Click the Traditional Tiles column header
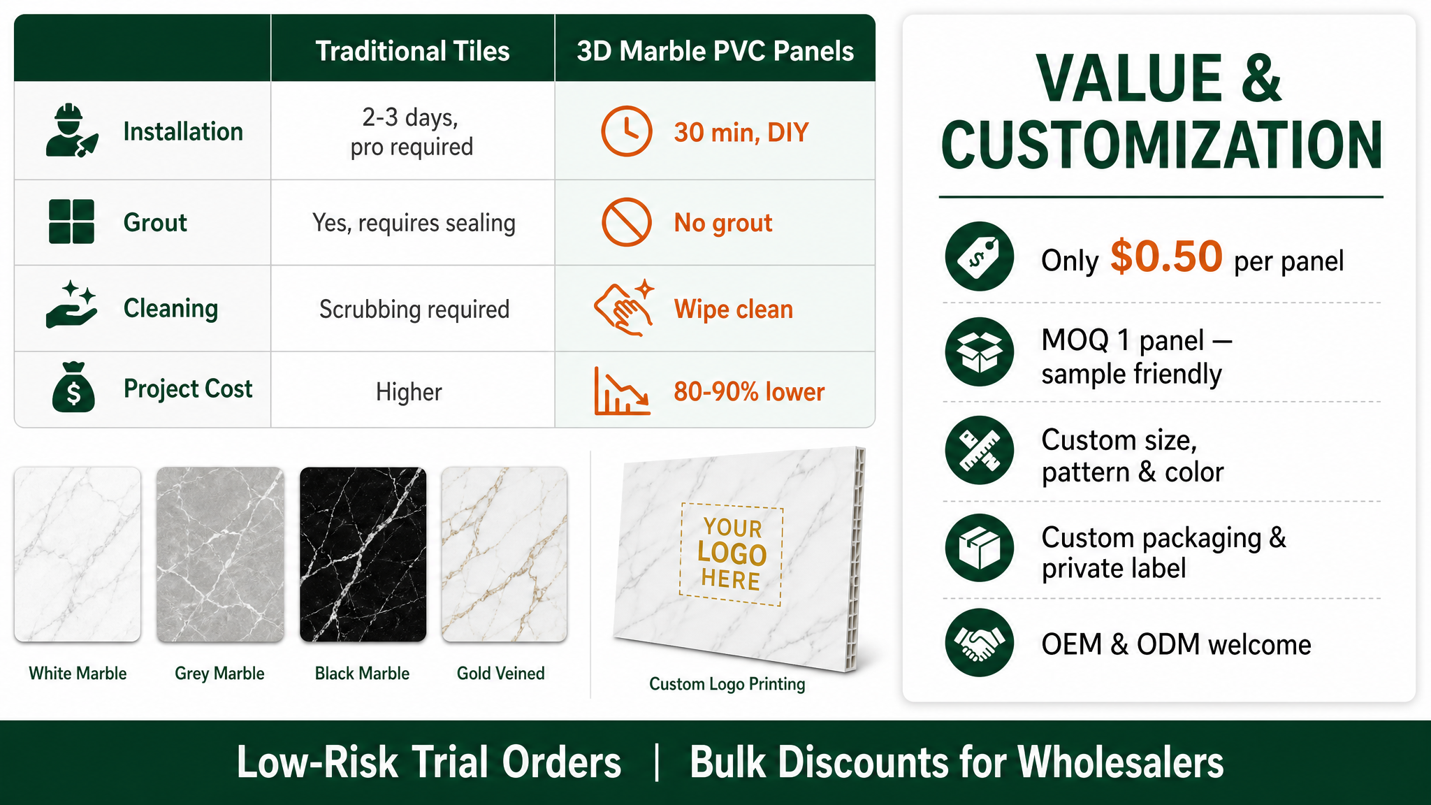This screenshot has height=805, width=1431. [412, 51]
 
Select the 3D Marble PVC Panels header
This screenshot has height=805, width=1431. [715, 51]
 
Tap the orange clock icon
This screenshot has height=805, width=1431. [627, 131]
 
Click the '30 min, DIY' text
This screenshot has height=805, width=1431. [741, 132]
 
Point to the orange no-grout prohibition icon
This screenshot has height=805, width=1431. [627, 222]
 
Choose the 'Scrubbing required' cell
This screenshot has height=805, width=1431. [414, 309]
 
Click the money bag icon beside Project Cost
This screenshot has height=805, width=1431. [73, 387]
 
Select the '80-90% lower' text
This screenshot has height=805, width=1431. [749, 391]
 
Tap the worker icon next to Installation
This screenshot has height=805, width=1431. [71, 131]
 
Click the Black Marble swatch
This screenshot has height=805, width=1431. [363, 554]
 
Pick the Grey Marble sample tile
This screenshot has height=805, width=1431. [220, 554]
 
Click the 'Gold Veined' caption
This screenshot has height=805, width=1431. [500, 673]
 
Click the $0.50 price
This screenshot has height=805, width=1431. [1166, 256]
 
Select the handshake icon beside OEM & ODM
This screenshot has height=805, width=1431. [980, 643]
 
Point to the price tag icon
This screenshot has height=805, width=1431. [980, 256]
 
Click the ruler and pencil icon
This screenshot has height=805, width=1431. [980, 450]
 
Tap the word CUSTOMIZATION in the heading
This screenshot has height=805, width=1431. [1161, 145]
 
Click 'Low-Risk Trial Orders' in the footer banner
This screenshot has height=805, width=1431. [429, 762]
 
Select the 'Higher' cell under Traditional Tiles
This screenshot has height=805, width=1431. [409, 392]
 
